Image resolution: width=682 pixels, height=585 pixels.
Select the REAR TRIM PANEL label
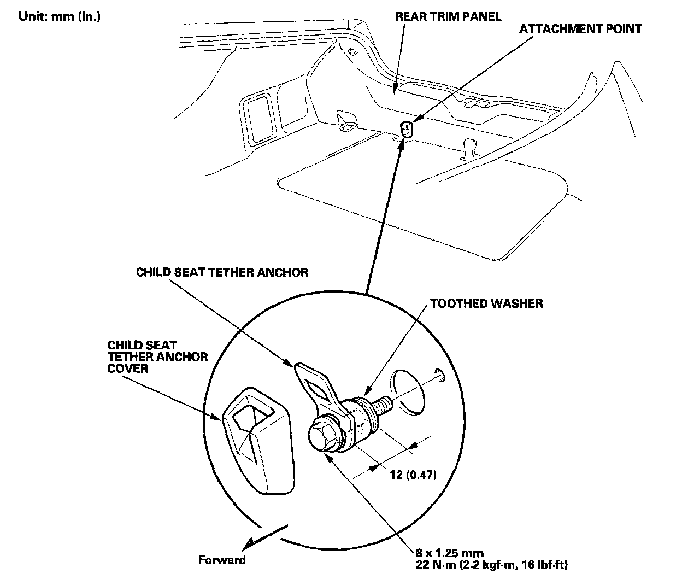pyautogui.click(x=448, y=16)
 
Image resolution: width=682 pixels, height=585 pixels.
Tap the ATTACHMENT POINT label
pyautogui.click(x=580, y=28)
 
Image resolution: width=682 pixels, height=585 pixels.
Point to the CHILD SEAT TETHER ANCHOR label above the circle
pyautogui.click(x=222, y=272)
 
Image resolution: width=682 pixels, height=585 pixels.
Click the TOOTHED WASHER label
pyautogui.click(x=486, y=303)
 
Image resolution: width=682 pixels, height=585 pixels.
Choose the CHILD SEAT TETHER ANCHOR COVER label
pyautogui.click(x=157, y=356)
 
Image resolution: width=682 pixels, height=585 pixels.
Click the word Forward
pyautogui.click(x=222, y=560)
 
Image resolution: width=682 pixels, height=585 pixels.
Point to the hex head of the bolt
pyautogui.click(x=321, y=437)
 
